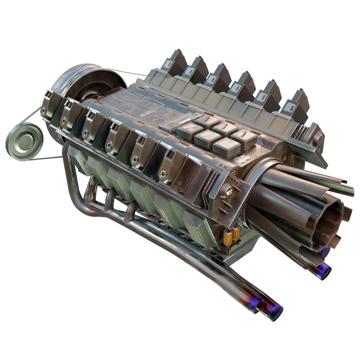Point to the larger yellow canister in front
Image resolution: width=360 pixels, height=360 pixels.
(228, 237)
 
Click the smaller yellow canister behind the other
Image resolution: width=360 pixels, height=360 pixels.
(236, 232)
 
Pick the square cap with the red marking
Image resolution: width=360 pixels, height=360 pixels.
(190, 130)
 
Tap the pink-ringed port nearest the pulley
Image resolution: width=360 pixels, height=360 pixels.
(63, 121)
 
